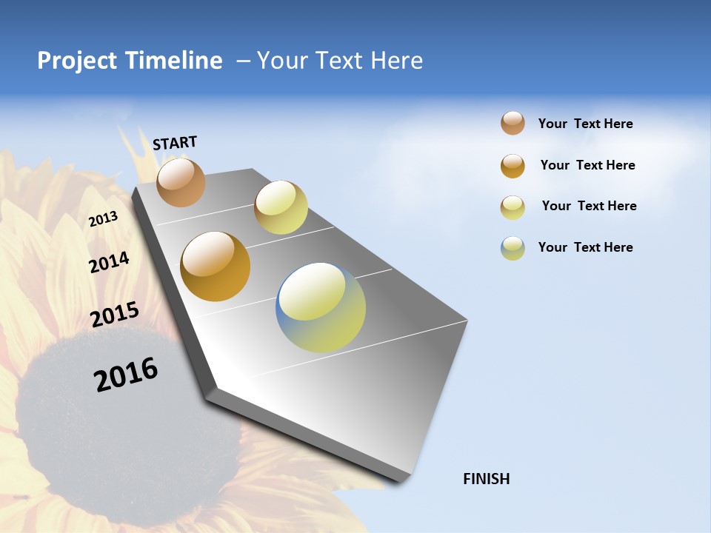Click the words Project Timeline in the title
[x=130, y=61]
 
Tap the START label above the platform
[x=175, y=143]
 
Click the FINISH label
[x=487, y=479]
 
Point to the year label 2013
[x=103, y=219]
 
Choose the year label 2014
[x=109, y=262]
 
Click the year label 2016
[x=126, y=375]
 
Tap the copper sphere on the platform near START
[x=181, y=182]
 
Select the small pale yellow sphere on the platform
[x=281, y=207]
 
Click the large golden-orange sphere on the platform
[x=216, y=266]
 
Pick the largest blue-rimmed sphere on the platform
[x=321, y=307]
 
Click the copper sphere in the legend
[x=513, y=124]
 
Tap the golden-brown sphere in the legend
[x=513, y=166]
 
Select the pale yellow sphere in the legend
[x=513, y=207]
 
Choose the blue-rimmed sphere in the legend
[x=513, y=248]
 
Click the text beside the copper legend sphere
[x=585, y=124]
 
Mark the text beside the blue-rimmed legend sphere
[x=585, y=247]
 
